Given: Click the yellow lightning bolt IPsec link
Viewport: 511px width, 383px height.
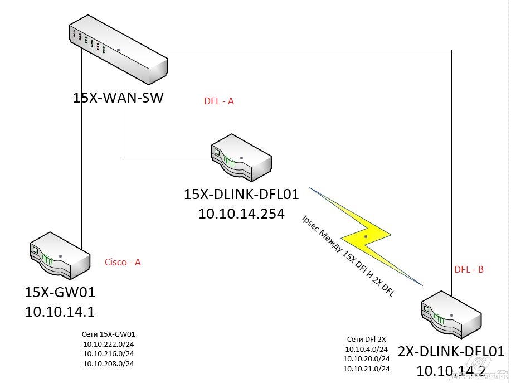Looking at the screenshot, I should click(x=365, y=237).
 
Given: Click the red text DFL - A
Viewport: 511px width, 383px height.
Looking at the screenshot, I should click(x=219, y=101).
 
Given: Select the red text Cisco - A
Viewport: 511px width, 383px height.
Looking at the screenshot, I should click(x=123, y=262).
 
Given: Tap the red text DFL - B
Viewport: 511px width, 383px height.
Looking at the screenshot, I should click(x=469, y=269).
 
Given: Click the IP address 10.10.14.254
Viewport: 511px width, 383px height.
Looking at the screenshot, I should click(x=241, y=214).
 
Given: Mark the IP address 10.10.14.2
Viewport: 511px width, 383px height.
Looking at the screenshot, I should click(x=452, y=370).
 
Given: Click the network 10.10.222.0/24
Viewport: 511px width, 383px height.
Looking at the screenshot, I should click(x=109, y=344).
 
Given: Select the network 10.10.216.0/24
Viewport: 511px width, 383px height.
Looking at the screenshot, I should click(x=109, y=353).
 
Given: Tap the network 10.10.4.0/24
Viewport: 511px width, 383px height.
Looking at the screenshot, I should click(x=367, y=350).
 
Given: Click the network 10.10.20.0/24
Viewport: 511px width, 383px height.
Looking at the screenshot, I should click(x=367, y=359).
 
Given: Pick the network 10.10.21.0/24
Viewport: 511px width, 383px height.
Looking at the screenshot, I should click(x=367, y=369).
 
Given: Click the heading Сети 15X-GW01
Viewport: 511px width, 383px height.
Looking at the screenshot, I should click(x=109, y=334).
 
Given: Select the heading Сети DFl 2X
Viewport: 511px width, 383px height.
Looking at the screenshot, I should click(x=366, y=340).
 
